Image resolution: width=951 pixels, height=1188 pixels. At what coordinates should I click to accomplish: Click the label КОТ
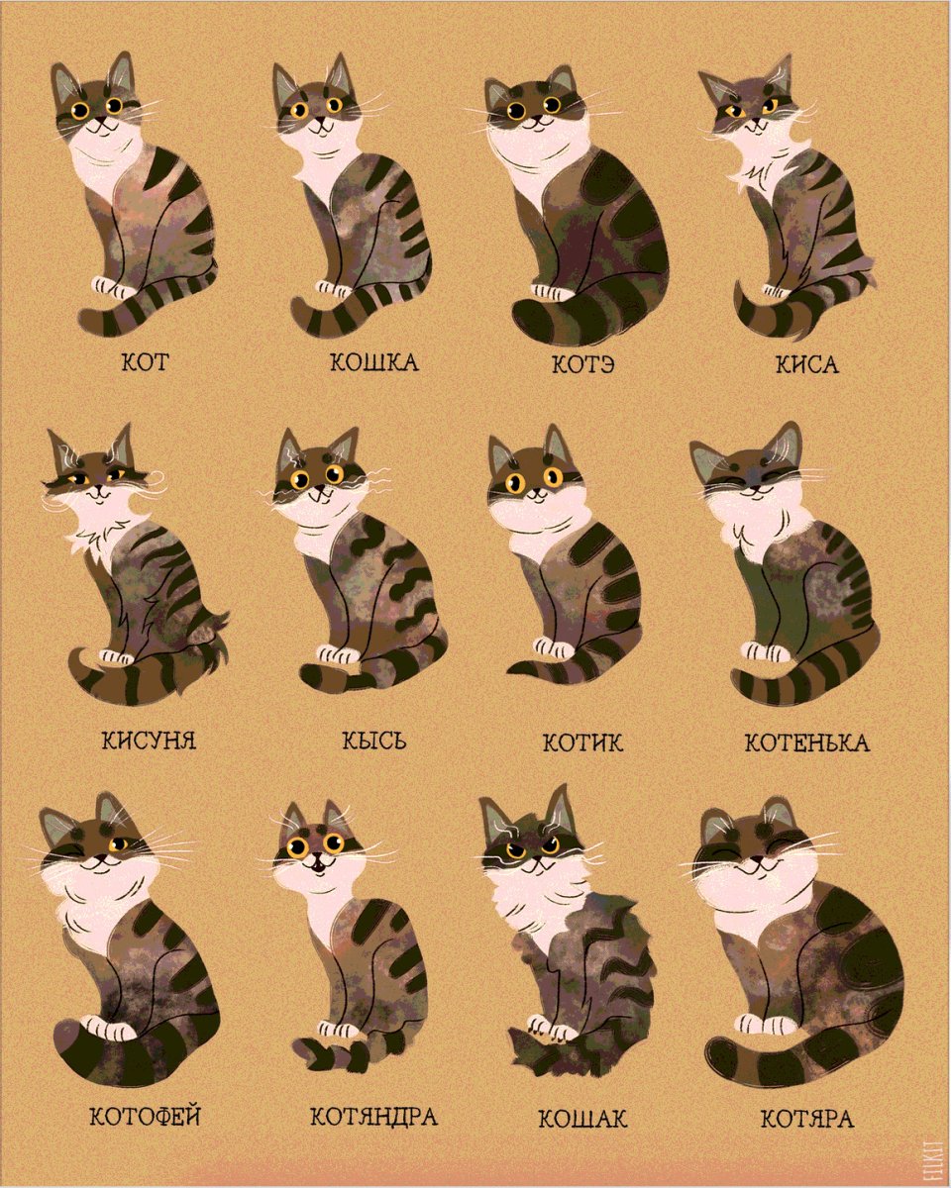click(145, 361)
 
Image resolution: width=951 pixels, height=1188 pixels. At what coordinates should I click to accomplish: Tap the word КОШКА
click(373, 362)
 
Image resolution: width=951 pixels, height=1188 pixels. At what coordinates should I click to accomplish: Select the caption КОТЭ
click(584, 363)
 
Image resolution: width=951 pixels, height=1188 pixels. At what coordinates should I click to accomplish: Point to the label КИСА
click(807, 364)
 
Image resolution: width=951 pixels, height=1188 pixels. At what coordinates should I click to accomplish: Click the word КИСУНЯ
click(148, 740)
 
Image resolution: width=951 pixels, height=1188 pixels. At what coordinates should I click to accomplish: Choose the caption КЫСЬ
click(373, 741)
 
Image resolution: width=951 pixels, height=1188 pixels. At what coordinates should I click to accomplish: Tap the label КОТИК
click(583, 742)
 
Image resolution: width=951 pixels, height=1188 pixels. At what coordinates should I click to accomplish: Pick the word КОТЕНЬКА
click(807, 742)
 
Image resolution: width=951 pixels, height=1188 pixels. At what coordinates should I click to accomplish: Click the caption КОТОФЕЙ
click(146, 1117)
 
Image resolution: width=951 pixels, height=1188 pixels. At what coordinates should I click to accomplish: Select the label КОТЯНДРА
click(373, 1118)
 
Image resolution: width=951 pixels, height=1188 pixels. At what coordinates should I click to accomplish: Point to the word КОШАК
click(583, 1119)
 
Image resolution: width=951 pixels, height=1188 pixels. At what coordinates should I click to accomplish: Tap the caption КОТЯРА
click(807, 1119)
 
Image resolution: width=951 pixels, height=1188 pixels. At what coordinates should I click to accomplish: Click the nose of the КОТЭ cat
click(533, 114)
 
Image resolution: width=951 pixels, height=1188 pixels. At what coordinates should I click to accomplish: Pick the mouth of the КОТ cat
click(99, 127)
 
